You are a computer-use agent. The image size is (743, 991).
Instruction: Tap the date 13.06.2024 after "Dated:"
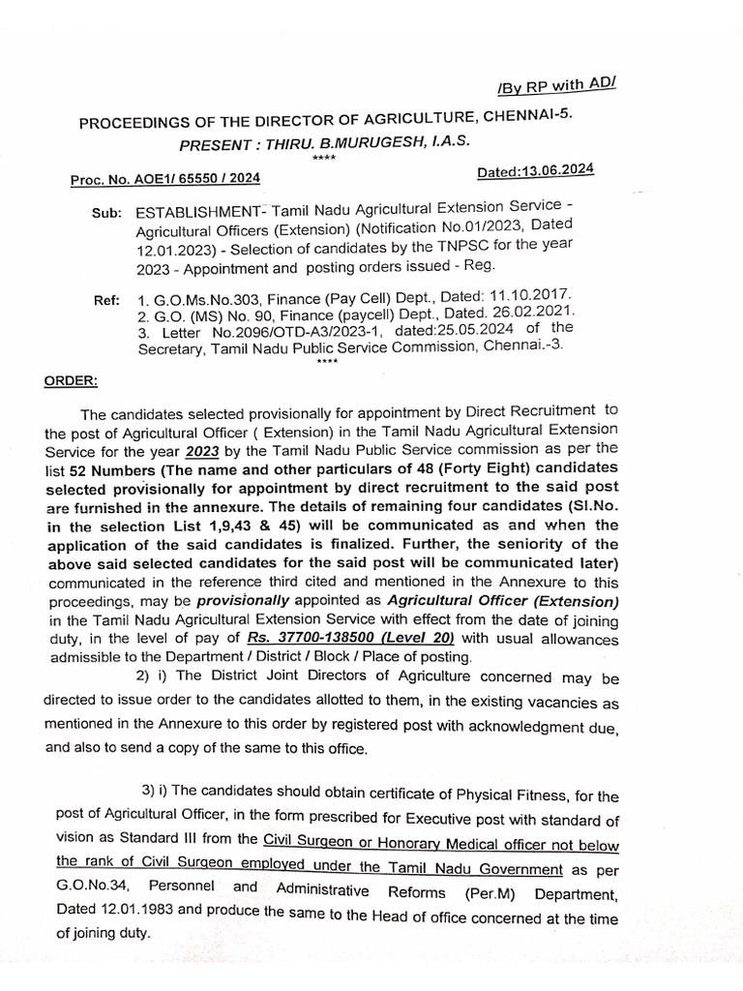(558, 170)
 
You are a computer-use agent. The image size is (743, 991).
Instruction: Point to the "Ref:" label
(107, 300)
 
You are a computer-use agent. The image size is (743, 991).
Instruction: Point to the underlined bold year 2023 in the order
(202, 451)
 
